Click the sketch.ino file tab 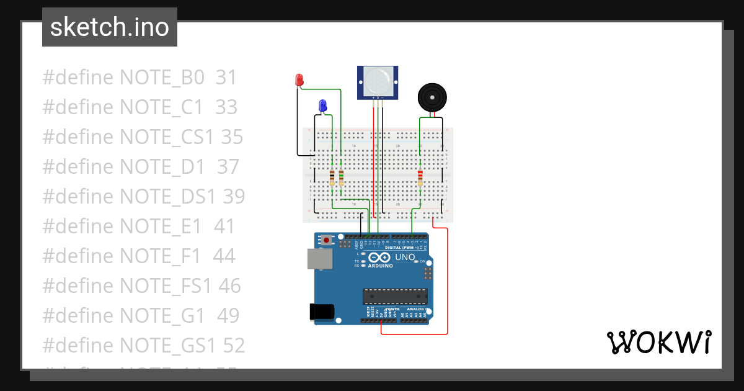pos(109,27)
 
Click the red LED pos(299,79)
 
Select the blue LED pos(322,106)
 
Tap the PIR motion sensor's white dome pos(378,81)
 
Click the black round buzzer pos(432,97)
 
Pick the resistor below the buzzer pos(420,178)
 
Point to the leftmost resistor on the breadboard pos(332,178)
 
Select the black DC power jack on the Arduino pos(321,312)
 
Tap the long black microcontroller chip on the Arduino pos(395,297)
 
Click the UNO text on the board pos(405,257)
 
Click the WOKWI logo pos(658,342)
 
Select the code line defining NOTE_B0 pos(139,78)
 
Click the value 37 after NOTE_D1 pos(228,167)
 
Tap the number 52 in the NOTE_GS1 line pos(234,346)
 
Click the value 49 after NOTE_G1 pos(228,316)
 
